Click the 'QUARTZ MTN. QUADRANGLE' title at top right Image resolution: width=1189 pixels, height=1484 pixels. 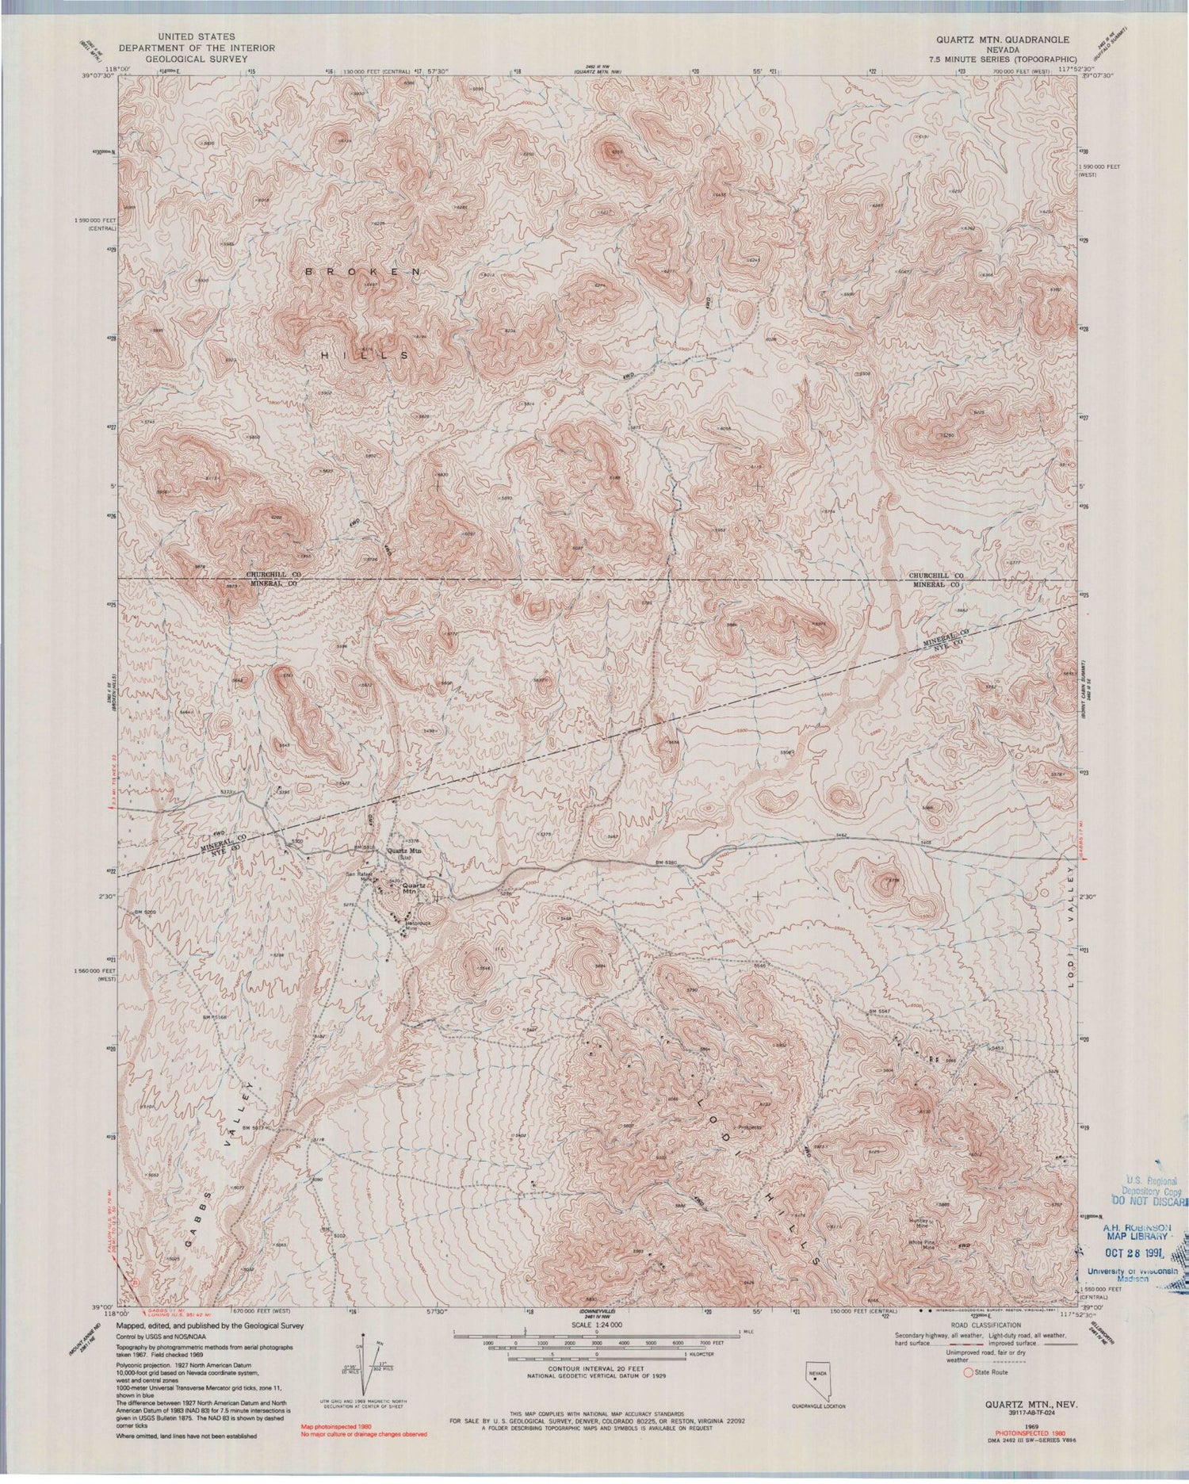coord(1003,39)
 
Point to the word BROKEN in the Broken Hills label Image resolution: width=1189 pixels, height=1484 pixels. coord(364,271)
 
